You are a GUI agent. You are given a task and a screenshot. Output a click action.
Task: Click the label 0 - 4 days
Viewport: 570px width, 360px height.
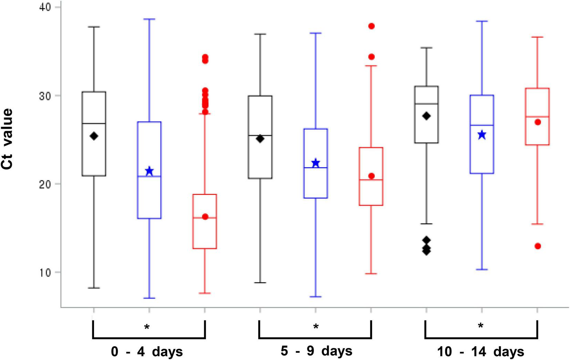(x=147, y=352)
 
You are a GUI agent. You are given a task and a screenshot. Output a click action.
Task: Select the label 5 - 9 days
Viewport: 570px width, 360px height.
(x=317, y=351)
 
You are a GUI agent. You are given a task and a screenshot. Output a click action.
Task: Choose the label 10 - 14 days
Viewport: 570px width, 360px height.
(x=481, y=352)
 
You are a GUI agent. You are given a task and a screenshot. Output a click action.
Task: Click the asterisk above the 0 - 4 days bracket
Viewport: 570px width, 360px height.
(x=147, y=327)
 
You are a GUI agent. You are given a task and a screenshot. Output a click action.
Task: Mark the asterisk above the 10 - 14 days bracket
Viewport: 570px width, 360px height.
(x=481, y=326)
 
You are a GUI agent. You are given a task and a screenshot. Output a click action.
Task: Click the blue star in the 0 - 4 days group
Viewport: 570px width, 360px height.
(x=149, y=171)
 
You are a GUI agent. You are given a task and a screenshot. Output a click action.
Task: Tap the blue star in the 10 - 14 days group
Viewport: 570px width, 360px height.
(x=482, y=135)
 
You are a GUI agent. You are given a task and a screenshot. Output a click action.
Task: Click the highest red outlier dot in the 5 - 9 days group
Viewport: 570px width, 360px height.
(x=371, y=26)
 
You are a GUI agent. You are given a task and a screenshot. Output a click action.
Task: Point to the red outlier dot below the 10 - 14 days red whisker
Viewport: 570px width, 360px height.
(x=538, y=246)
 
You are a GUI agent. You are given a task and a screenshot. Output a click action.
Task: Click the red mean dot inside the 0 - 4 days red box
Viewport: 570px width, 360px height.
(x=205, y=217)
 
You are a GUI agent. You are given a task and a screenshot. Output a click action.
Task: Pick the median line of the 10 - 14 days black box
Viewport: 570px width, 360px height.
(x=426, y=104)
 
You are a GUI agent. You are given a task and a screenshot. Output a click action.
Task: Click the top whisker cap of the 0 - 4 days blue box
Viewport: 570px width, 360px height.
(x=149, y=19)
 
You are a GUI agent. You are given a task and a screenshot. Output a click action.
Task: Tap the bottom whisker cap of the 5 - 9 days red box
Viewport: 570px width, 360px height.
(x=371, y=274)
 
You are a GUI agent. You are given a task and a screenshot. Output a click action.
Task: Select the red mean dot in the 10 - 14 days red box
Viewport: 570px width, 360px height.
(x=538, y=122)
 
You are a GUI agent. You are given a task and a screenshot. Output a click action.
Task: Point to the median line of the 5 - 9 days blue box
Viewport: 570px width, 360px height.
(x=315, y=168)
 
